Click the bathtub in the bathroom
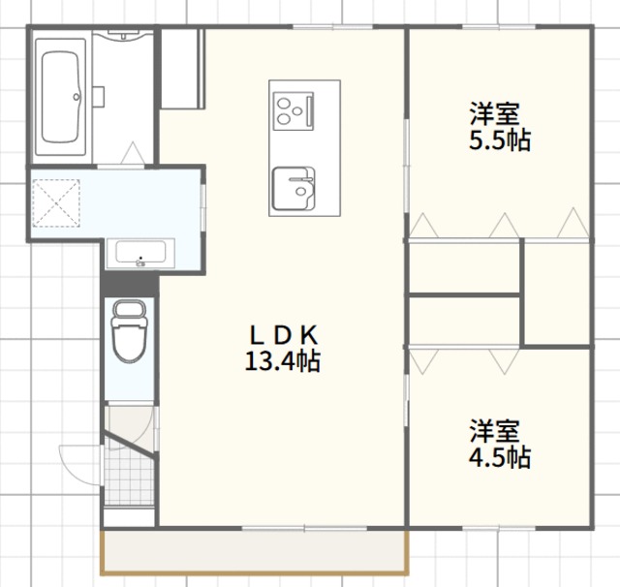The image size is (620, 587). click(x=60, y=97)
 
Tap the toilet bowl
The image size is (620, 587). click(x=129, y=331)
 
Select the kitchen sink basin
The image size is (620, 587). click(x=294, y=189)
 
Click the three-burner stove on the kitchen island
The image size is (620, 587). click(x=294, y=111)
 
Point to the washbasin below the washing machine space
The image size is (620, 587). click(x=140, y=253)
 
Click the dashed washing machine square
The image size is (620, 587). click(x=56, y=203)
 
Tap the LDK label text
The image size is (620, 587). click(x=284, y=335)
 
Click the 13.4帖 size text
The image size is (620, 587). click(x=283, y=361)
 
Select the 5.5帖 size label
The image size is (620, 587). click(x=500, y=139)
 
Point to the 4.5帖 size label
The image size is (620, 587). click(x=500, y=457)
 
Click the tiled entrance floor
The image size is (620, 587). click(x=129, y=477)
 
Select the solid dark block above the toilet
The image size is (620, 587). click(x=129, y=284)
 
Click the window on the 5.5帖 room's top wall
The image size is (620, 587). click(x=499, y=27)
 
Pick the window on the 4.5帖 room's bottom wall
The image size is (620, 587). click(x=499, y=527)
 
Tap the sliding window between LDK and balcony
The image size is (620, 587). click(x=304, y=528)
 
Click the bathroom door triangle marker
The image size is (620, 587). click(x=133, y=153)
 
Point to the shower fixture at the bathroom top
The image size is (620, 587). click(x=123, y=35)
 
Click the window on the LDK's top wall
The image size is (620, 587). click(x=333, y=27)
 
